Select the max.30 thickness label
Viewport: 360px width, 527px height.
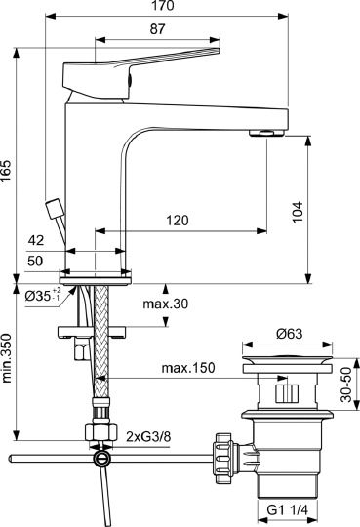click(165, 305)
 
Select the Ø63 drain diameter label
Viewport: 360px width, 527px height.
click(287, 334)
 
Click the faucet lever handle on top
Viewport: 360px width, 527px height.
click(166, 61)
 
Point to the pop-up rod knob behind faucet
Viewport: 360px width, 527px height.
click(53, 208)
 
